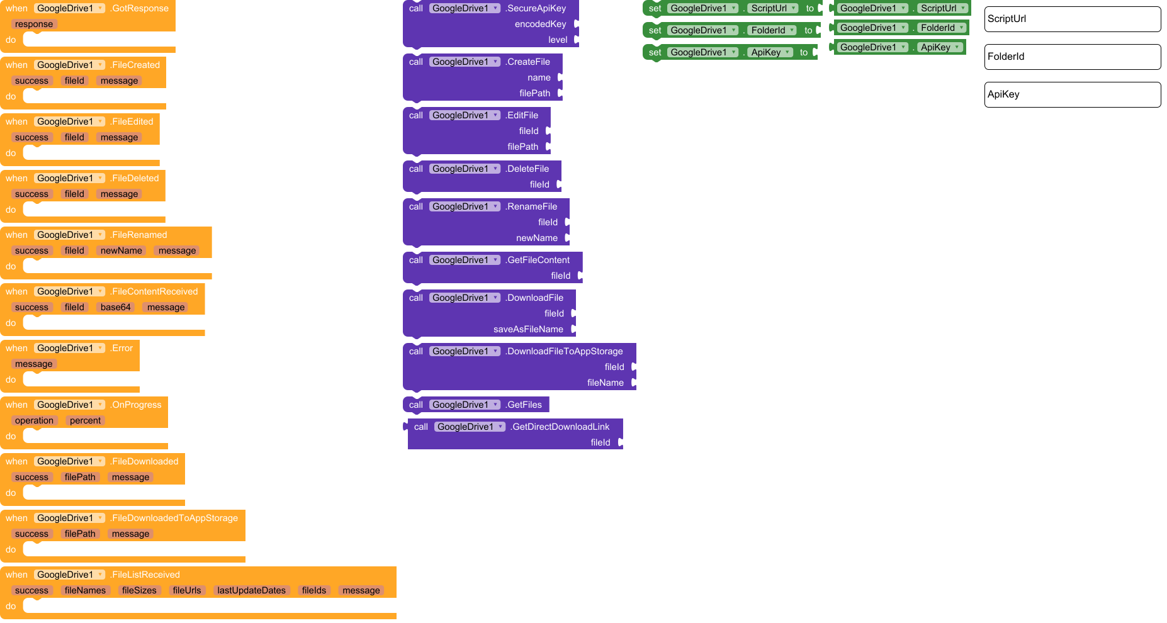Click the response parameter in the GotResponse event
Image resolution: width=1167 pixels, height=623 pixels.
[34, 24]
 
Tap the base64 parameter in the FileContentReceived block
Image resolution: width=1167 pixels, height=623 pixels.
[115, 307]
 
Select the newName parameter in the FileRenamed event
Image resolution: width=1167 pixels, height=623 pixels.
[121, 250]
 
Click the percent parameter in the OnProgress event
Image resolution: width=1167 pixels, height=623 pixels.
[85, 420]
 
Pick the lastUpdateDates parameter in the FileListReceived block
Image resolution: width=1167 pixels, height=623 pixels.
[251, 590]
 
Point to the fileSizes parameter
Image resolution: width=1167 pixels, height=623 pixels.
[139, 590]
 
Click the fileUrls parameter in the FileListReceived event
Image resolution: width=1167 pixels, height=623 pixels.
[187, 590]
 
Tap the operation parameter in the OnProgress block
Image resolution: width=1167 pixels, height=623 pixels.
[34, 420]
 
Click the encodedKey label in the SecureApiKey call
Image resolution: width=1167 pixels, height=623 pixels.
[540, 24]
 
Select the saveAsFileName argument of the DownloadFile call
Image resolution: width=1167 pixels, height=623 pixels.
[528, 329]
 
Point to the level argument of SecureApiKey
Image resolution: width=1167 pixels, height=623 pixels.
[558, 40]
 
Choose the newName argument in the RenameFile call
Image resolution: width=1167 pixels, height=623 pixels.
[536, 238]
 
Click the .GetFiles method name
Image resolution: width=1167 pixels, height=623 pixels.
[524, 405]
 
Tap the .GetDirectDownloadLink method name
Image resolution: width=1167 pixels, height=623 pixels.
[560, 427]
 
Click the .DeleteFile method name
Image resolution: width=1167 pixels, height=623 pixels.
[527, 169]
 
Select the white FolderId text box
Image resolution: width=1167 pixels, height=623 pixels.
[1072, 57]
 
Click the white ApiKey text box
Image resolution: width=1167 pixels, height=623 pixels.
[1072, 94]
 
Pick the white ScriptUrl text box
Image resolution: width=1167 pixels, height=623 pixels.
[1072, 19]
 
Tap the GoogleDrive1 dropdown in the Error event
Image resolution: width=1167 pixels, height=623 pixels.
[69, 348]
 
